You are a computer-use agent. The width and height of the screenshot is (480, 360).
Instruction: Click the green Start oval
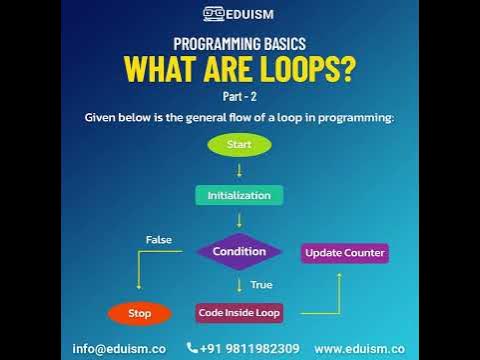coord(239,145)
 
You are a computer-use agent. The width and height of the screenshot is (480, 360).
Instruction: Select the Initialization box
coord(239,195)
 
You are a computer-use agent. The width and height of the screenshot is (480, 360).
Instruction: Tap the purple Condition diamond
coord(239,251)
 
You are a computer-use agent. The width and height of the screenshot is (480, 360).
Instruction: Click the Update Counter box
coord(345,252)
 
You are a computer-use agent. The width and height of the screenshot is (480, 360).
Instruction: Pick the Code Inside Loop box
coord(239,312)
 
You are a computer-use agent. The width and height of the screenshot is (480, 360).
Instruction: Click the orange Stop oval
coord(140,313)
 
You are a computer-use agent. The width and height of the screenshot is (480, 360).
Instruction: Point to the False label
coord(159,240)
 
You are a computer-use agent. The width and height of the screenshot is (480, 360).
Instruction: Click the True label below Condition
coord(261,284)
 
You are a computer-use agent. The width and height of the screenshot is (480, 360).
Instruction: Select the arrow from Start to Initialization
coord(239,170)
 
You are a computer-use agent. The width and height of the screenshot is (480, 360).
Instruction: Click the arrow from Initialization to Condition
coord(239,219)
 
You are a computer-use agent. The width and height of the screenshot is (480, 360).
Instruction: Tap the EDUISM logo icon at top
coord(213,13)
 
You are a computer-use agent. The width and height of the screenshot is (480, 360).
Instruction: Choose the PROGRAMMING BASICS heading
coord(240,44)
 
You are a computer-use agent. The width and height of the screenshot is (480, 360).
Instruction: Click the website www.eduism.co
coord(359,348)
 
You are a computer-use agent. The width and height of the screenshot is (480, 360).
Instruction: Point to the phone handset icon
coord(193,348)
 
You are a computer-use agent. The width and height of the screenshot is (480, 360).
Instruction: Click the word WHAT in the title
coord(160,71)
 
